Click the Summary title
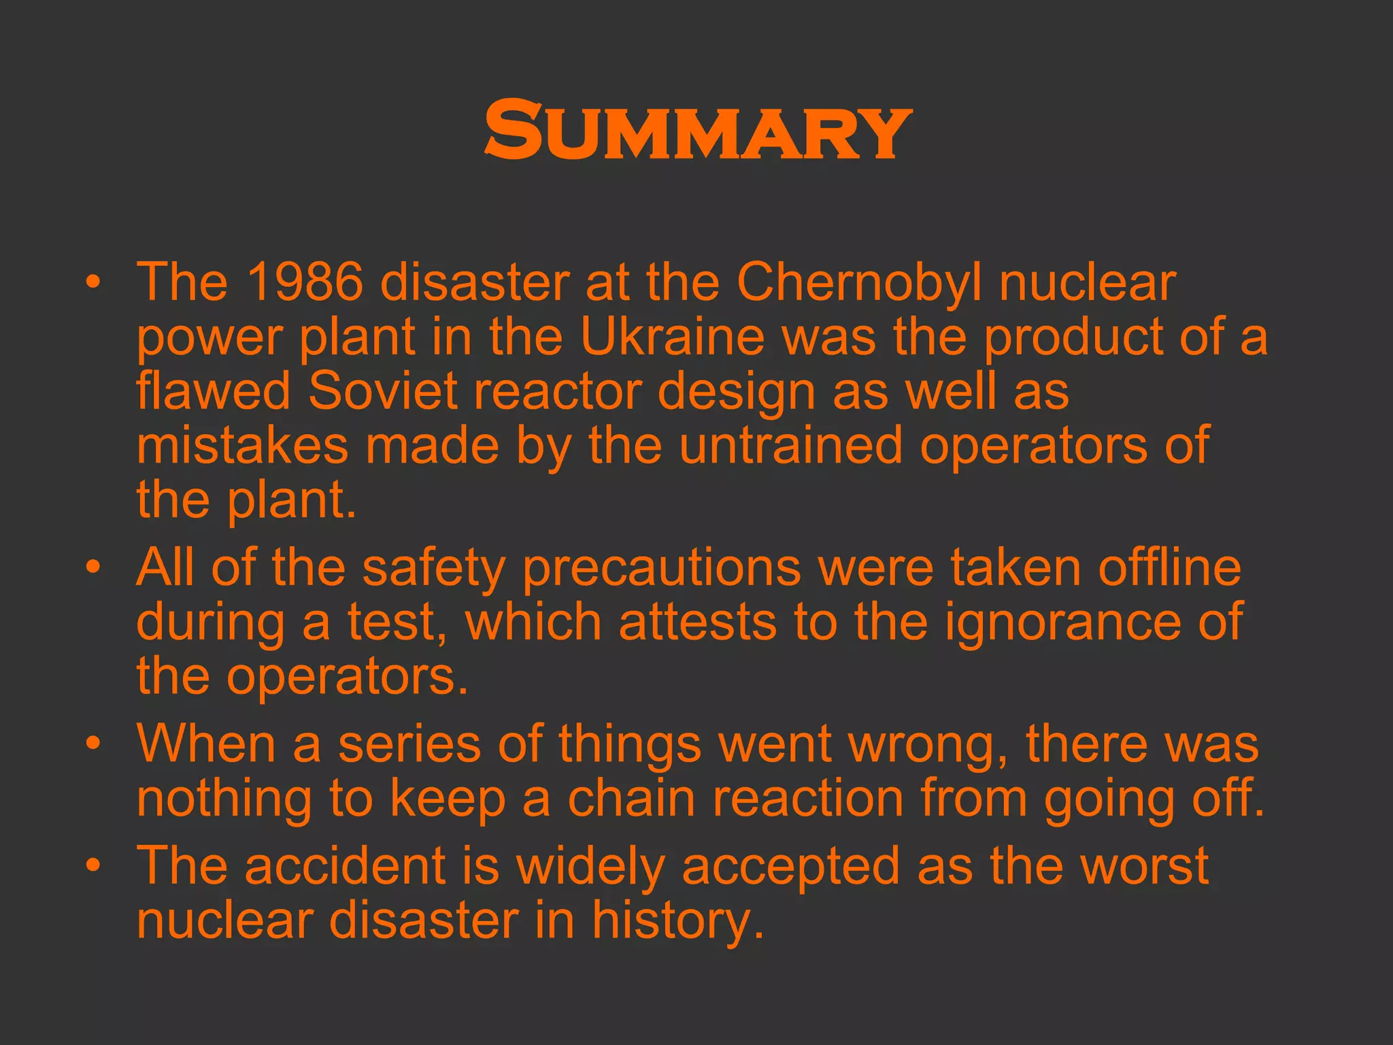697,130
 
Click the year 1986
304,282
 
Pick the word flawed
214,391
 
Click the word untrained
791,446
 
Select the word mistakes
242,446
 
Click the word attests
697,623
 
